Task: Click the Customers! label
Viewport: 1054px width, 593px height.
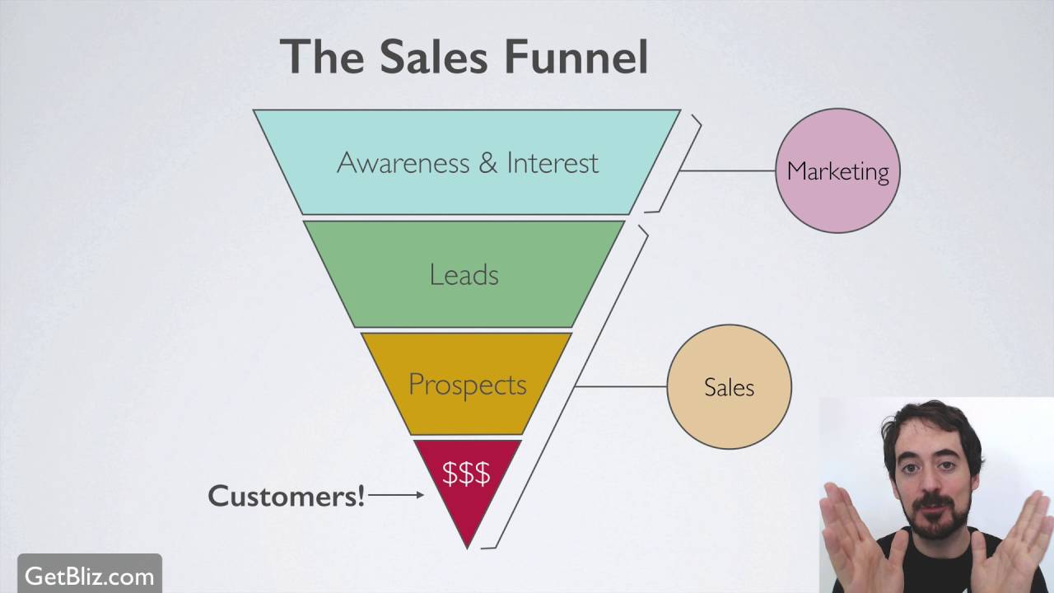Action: click(286, 495)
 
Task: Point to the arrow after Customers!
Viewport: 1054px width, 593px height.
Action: click(396, 495)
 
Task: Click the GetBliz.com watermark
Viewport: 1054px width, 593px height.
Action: click(89, 576)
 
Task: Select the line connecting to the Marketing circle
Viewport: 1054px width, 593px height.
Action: click(728, 170)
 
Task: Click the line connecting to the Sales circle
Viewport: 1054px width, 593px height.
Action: click(621, 386)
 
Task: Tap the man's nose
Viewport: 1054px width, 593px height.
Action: click(930, 479)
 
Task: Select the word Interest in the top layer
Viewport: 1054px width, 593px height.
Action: click(553, 162)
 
